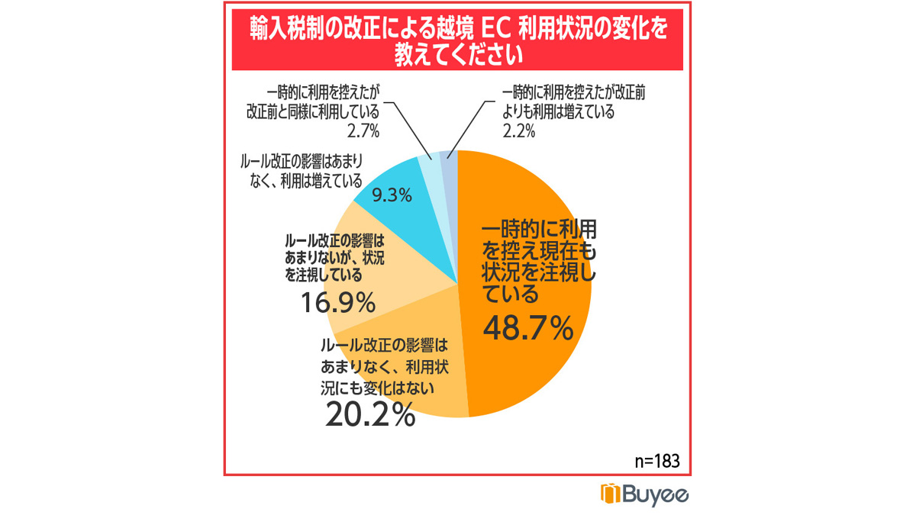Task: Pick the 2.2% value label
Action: [x=518, y=130]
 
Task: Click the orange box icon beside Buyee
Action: [x=611, y=494]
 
